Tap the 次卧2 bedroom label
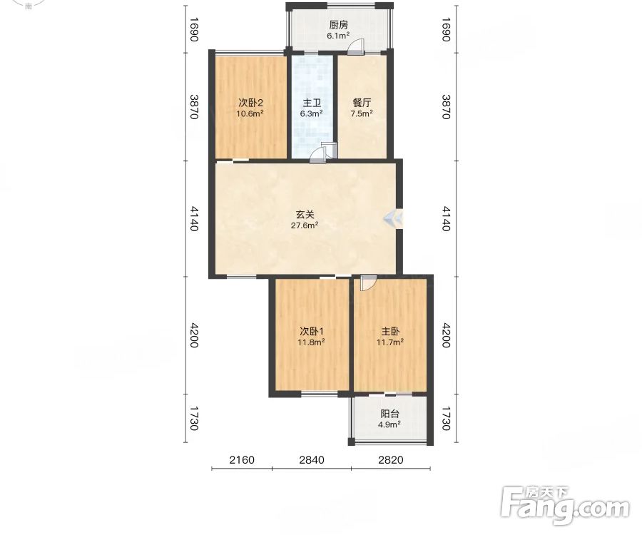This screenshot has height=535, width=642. point(250,103)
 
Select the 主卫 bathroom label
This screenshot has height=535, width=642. point(312,103)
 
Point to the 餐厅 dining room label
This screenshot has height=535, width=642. point(362,103)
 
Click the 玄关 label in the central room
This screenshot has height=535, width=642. point(305,214)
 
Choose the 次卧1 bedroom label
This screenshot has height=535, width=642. point(312,331)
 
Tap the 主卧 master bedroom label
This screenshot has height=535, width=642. point(390,331)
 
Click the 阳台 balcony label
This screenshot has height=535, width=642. point(389,414)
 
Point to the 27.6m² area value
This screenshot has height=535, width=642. point(305,225)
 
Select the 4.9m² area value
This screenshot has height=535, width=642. point(389,424)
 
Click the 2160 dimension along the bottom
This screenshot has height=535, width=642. point(242,459)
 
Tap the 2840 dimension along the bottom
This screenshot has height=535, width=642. point(312,459)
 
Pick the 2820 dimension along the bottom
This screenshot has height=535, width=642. point(391,459)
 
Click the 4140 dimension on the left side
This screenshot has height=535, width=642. point(194,218)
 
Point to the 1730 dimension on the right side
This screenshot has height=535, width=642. point(447,418)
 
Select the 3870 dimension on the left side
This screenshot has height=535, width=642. point(194,107)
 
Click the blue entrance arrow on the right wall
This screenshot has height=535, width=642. point(392,219)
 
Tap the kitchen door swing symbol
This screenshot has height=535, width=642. point(355,46)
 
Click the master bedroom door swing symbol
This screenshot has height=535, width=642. point(367,283)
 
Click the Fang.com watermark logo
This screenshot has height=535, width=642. point(566,506)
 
